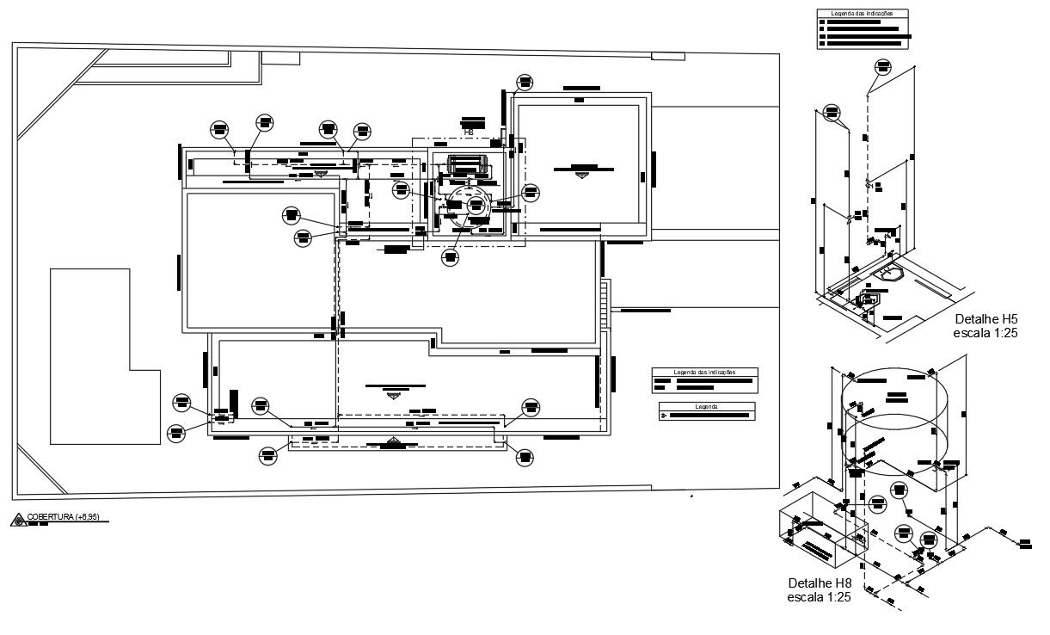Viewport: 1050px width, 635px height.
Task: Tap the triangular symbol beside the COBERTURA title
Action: (x=17, y=520)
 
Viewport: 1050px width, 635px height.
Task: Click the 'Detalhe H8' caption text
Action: (x=819, y=583)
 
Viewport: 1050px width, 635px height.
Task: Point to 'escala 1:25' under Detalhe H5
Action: (x=986, y=332)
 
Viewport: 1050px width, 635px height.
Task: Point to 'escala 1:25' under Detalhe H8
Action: (x=819, y=596)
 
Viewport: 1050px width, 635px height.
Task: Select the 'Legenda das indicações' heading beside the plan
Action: (x=704, y=373)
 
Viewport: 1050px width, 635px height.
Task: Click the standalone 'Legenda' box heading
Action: (x=706, y=405)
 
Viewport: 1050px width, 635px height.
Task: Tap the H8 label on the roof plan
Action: (x=469, y=133)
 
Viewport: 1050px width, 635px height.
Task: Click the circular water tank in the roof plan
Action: (x=465, y=207)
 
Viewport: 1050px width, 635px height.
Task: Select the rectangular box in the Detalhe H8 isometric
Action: (x=821, y=532)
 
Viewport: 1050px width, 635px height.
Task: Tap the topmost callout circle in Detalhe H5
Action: (x=882, y=67)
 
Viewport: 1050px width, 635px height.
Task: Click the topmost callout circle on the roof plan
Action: (x=525, y=83)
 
